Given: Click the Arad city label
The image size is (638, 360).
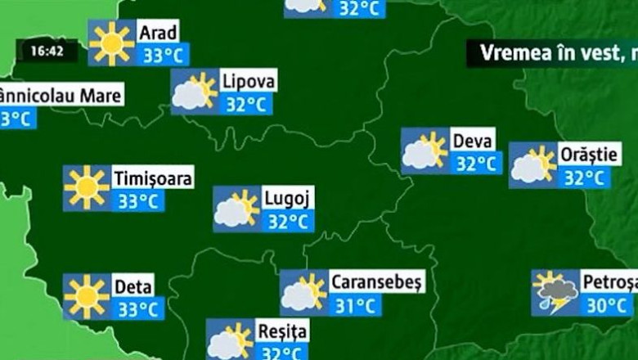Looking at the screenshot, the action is coord(157,33).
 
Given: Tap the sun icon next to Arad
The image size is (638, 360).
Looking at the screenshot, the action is coord(111,43).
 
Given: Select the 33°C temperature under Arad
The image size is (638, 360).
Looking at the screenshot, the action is coord(162,56).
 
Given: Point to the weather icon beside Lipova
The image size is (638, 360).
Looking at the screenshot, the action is coord(194,92).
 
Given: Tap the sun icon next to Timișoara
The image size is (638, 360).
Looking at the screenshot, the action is coord(87,188).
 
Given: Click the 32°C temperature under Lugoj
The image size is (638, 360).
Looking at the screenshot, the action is coord(288,222).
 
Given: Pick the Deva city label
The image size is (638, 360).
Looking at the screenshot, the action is coord(473,140).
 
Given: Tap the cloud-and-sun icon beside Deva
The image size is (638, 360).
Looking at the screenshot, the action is coord(425,151).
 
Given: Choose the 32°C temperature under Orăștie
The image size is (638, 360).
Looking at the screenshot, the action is coord(585,178).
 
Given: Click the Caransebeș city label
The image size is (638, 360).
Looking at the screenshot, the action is coord(377,282).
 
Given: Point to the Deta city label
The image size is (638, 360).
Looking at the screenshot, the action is coord(133,286).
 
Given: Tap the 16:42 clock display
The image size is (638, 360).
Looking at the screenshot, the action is coord(48,51).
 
